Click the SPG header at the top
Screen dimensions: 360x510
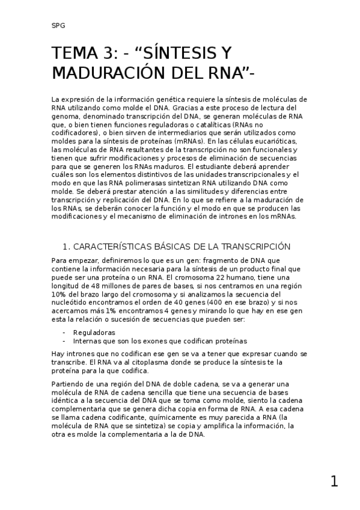tap(58, 26)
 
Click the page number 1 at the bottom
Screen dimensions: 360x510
tap(334, 481)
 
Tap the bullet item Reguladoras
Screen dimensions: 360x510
tap(94, 332)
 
